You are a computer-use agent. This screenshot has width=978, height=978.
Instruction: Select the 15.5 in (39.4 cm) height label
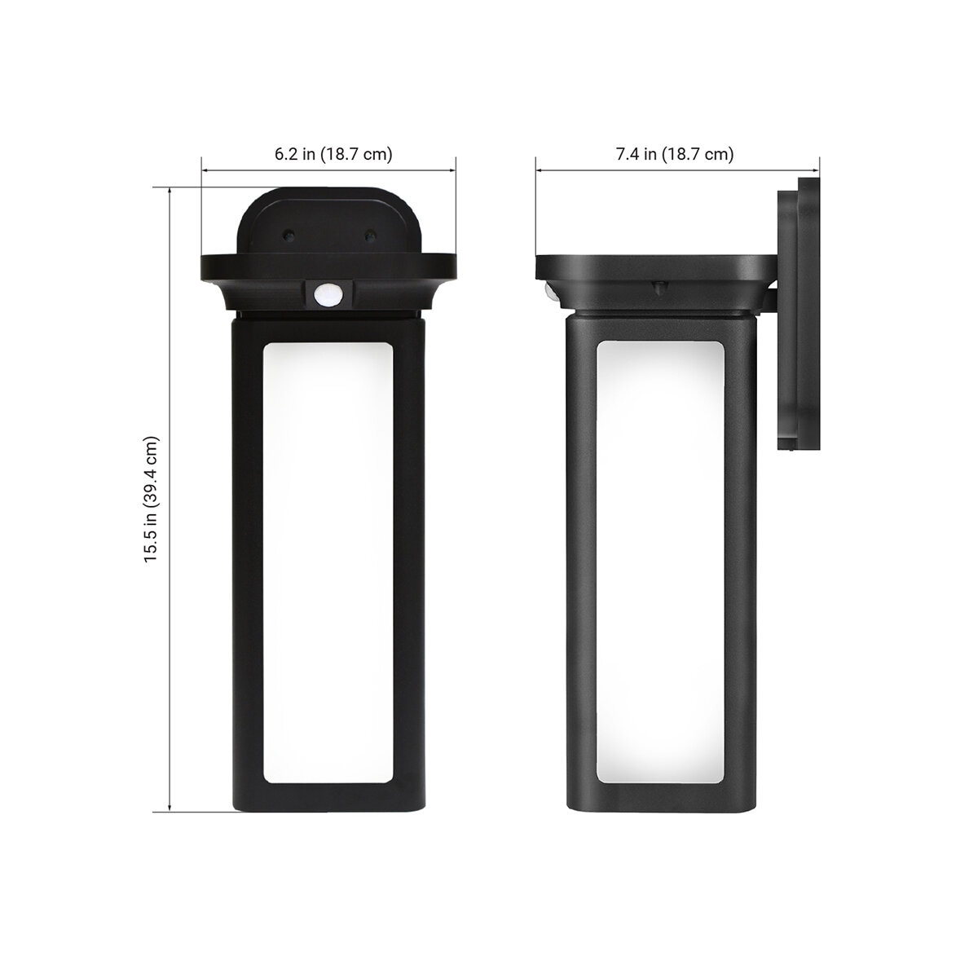[152, 500]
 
